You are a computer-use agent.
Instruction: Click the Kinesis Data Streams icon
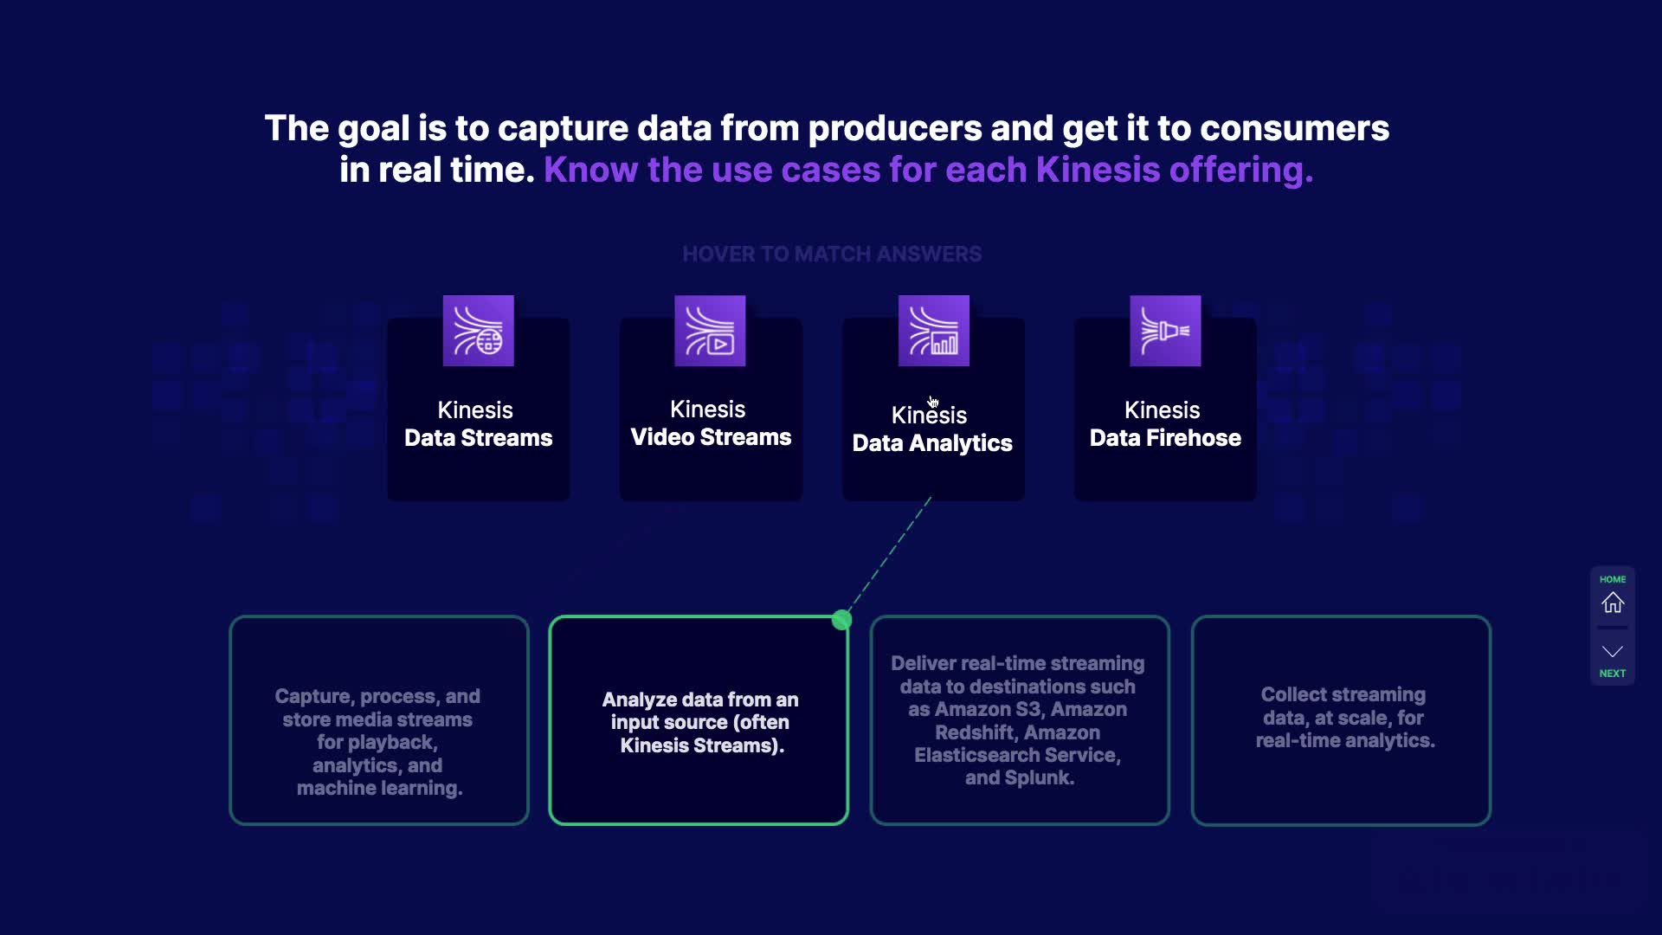(478, 331)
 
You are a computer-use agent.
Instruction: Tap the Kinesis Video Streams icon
(710, 331)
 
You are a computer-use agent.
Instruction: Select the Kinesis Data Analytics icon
(933, 331)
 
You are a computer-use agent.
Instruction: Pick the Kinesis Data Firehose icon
(1165, 331)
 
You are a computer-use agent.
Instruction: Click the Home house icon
(1613, 603)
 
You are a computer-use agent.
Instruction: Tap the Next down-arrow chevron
(1613, 651)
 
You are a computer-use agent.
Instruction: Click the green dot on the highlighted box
(841, 620)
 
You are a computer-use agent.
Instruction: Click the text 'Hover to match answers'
(832, 254)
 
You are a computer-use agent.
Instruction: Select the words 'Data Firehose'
(1165, 438)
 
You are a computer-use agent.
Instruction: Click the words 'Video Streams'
(711, 437)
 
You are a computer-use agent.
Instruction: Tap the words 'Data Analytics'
(932, 444)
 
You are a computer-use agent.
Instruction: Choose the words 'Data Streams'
(478, 438)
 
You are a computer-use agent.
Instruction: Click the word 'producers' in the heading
(894, 129)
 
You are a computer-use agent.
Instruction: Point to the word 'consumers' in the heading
(1294, 129)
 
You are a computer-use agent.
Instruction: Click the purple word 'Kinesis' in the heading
(1098, 170)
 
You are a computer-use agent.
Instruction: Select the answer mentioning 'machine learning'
(379, 742)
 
